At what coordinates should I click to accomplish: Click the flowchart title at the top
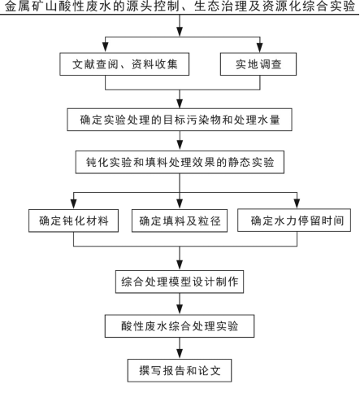tap(180, 7)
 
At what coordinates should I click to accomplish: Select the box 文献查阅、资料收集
tap(124, 64)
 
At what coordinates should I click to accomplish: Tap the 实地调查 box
tap(258, 64)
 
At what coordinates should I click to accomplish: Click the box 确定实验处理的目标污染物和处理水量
tap(180, 120)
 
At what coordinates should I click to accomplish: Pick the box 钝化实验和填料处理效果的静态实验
tap(180, 162)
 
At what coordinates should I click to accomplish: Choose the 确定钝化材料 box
tap(73, 221)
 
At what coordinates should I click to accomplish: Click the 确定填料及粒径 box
tap(180, 221)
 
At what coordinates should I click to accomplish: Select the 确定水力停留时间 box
tap(294, 221)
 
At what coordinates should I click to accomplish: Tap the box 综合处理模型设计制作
tap(180, 282)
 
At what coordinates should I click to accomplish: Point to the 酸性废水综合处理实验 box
tap(180, 326)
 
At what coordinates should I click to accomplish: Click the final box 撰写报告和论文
tap(180, 370)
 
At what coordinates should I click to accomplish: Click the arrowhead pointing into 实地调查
tap(260, 48)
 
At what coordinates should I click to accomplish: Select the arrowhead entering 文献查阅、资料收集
tap(106, 48)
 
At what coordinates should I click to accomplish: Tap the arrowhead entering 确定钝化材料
tap(73, 204)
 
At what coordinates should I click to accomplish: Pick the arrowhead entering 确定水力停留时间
tap(297, 204)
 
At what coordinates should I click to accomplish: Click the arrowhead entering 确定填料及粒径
tap(180, 204)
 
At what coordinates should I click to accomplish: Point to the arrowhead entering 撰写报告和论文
tap(180, 354)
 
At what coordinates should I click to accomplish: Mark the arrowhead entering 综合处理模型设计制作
tap(180, 265)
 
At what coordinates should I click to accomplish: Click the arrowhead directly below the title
tap(180, 32)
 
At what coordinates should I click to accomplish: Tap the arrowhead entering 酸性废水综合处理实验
tap(180, 310)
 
